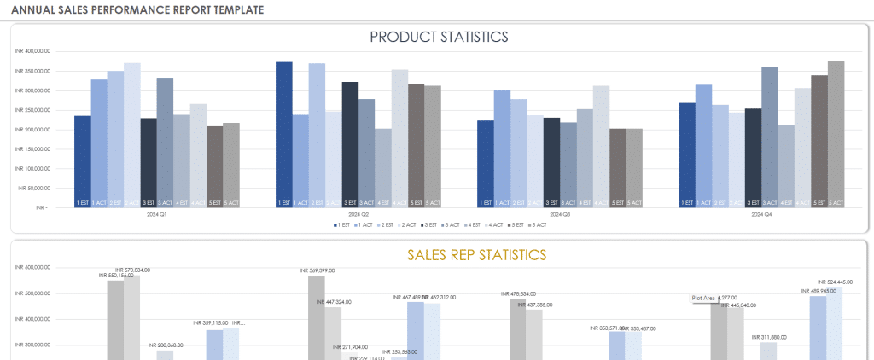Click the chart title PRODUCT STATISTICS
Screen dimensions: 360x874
[439, 37]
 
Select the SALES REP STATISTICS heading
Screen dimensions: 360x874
[476, 254]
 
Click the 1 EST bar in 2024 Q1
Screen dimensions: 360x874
[82, 161]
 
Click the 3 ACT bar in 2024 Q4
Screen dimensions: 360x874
[770, 136]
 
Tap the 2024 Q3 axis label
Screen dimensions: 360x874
[560, 215]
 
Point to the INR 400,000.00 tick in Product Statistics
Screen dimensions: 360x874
[33, 51]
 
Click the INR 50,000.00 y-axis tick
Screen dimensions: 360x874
[33, 188]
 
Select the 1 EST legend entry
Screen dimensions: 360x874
[341, 225]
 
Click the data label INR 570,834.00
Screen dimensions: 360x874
[132, 270]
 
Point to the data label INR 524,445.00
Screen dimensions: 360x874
[835, 282]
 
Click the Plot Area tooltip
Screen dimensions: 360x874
[703, 298]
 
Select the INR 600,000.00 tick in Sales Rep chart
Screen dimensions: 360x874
[33, 268]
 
